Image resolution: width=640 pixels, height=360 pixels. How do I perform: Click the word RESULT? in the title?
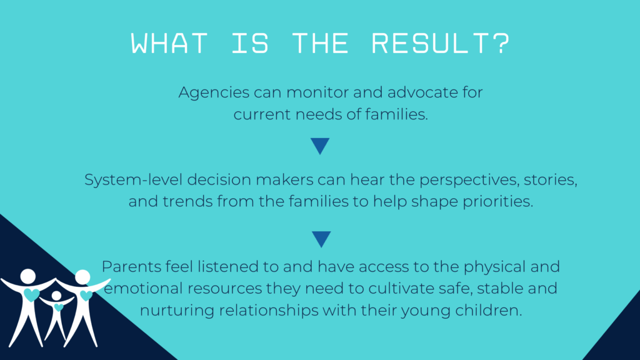tap(441, 43)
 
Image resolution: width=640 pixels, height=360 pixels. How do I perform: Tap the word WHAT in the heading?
tap(169, 43)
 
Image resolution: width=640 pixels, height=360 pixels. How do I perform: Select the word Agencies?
tap(214, 93)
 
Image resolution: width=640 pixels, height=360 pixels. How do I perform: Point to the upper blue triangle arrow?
tap(320, 145)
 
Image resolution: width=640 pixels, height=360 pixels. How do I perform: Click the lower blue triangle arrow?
tap(321, 239)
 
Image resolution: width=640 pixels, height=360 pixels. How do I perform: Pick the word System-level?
tap(134, 180)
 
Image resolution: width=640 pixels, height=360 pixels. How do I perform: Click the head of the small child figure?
tap(56, 295)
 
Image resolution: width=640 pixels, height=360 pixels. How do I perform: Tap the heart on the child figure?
tap(59, 307)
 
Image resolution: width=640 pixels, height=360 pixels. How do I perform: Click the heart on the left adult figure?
tap(31, 294)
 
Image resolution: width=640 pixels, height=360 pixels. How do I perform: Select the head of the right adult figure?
tap(83, 277)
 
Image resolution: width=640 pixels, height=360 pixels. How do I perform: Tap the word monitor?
tap(317, 92)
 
